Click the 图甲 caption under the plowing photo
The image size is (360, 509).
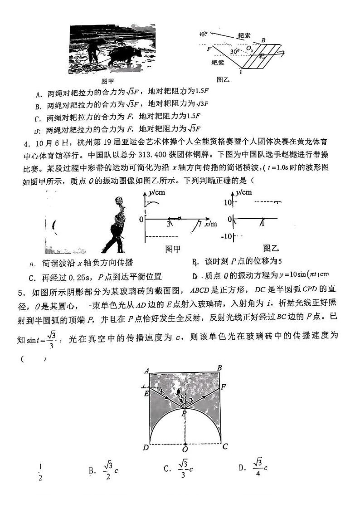coord(107,81)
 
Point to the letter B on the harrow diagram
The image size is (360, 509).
coord(263,40)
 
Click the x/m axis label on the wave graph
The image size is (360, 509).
coord(211,224)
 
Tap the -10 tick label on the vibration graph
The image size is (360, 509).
coord(226,236)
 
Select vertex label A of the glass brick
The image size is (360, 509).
coord(146,371)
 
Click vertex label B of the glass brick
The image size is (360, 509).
coord(220,368)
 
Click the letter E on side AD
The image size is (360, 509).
coord(146,394)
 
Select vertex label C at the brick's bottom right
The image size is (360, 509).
coord(225,446)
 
